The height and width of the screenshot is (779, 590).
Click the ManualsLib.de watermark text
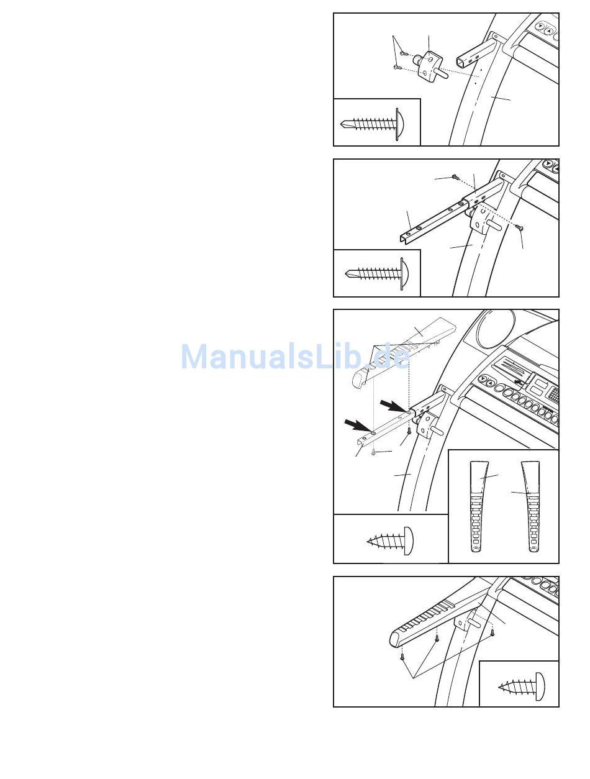(x=295, y=357)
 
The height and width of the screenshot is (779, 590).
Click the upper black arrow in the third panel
(x=393, y=406)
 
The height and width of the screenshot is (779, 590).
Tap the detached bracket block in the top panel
(x=427, y=64)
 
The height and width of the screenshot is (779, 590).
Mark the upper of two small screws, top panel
(x=402, y=54)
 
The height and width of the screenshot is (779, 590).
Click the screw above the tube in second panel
(x=455, y=177)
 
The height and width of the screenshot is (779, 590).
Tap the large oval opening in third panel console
(x=496, y=329)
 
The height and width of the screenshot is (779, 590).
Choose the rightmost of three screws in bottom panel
(x=492, y=633)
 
